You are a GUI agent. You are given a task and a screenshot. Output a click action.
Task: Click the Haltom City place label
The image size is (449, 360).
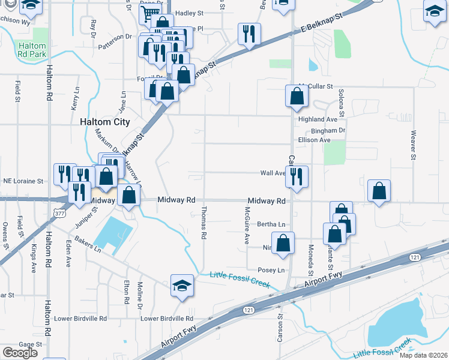(x=104, y=122)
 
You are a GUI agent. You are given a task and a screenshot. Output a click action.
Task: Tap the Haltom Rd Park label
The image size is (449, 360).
(x=32, y=49)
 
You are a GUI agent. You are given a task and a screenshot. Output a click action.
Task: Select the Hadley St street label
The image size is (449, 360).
(x=190, y=13)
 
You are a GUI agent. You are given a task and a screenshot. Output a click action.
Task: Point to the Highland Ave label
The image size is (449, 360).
(x=318, y=119)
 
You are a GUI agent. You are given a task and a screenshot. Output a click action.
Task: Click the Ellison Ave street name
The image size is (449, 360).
(x=315, y=140)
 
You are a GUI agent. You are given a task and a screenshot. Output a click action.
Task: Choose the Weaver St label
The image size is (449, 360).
(x=414, y=146)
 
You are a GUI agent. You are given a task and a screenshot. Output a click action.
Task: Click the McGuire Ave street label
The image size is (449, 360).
(x=247, y=225)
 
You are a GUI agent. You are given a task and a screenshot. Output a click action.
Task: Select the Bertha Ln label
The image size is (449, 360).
(x=271, y=224)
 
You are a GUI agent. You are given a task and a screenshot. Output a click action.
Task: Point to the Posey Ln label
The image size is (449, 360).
(x=271, y=271)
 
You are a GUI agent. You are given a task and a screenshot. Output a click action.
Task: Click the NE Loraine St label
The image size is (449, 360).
(x=24, y=180)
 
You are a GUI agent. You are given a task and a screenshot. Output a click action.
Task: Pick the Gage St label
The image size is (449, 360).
(x=29, y=344)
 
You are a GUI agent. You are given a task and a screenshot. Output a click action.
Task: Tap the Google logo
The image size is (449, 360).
(x=20, y=353)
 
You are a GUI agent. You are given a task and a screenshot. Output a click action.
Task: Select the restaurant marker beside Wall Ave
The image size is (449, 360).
(x=297, y=176)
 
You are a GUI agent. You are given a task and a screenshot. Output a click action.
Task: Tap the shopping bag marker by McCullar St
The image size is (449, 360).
(x=297, y=96)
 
